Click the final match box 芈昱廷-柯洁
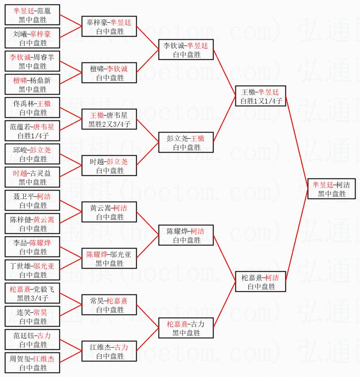point(331,189)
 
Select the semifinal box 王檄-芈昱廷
point(260,96)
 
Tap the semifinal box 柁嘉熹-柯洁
point(260,282)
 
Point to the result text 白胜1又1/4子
point(261,101)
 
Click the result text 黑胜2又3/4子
point(109,124)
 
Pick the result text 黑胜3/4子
point(33,298)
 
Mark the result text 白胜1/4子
point(33,136)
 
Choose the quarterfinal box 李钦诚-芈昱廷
point(186,50)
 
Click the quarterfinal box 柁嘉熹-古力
point(186,328)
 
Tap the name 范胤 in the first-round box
point(44,11)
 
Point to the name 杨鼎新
point(42,80)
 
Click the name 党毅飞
point(41,289)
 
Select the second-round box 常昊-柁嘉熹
point(109,305)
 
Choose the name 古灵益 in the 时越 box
point(42,173)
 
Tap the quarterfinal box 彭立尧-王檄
point(186,142)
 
